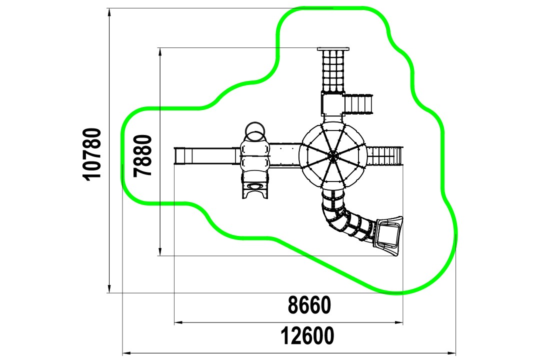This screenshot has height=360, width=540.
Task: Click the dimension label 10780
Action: (x=92, y=153)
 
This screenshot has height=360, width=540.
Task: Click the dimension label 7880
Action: (x=143, y=155)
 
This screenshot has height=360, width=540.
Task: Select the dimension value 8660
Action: (x=309, y=305)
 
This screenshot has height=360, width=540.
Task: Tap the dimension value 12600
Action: (x=307, y=336)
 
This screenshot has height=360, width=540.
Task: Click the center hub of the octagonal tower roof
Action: (x=332, y=156)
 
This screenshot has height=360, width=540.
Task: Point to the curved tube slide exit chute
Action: (x=388, y=236)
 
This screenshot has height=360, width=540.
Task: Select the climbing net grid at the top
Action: (x=333, y=71)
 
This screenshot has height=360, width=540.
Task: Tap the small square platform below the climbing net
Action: (x=332, y=104)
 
